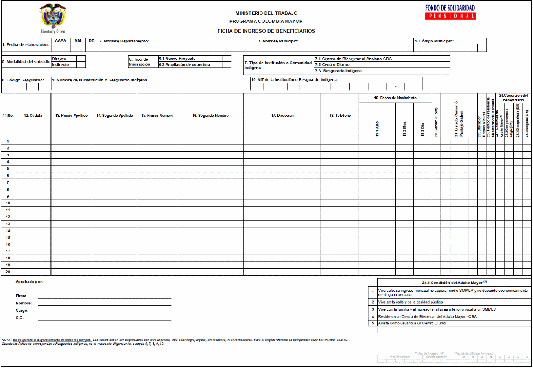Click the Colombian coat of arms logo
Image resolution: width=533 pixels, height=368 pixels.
53,18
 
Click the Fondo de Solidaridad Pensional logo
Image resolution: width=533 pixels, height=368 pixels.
450,12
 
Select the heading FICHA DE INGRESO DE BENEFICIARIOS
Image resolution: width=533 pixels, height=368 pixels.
266,31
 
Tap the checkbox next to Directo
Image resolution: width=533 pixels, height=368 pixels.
81,59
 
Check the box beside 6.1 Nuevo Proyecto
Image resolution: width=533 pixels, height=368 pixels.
227,59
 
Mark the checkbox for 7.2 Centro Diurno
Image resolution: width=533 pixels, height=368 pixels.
445,65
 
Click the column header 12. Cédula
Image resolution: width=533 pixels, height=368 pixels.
33,116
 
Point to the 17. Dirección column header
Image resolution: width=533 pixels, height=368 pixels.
282,116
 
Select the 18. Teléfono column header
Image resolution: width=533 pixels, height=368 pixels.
340,116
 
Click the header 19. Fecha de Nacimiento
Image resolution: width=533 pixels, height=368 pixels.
395,98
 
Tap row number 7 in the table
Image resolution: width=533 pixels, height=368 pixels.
8,183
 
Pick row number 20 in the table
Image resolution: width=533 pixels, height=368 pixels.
8,272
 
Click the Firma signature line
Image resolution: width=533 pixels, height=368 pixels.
104,296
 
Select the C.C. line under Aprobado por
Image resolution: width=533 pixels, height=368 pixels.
104,318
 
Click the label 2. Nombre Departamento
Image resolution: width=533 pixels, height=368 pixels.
124,41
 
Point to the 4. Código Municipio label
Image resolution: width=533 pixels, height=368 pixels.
434,41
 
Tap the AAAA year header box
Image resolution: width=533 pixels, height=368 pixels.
61,41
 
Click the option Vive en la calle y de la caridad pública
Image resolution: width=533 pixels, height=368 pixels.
410,302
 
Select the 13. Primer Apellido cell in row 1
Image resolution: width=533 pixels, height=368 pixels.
71,142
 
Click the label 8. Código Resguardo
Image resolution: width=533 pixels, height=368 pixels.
23,80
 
